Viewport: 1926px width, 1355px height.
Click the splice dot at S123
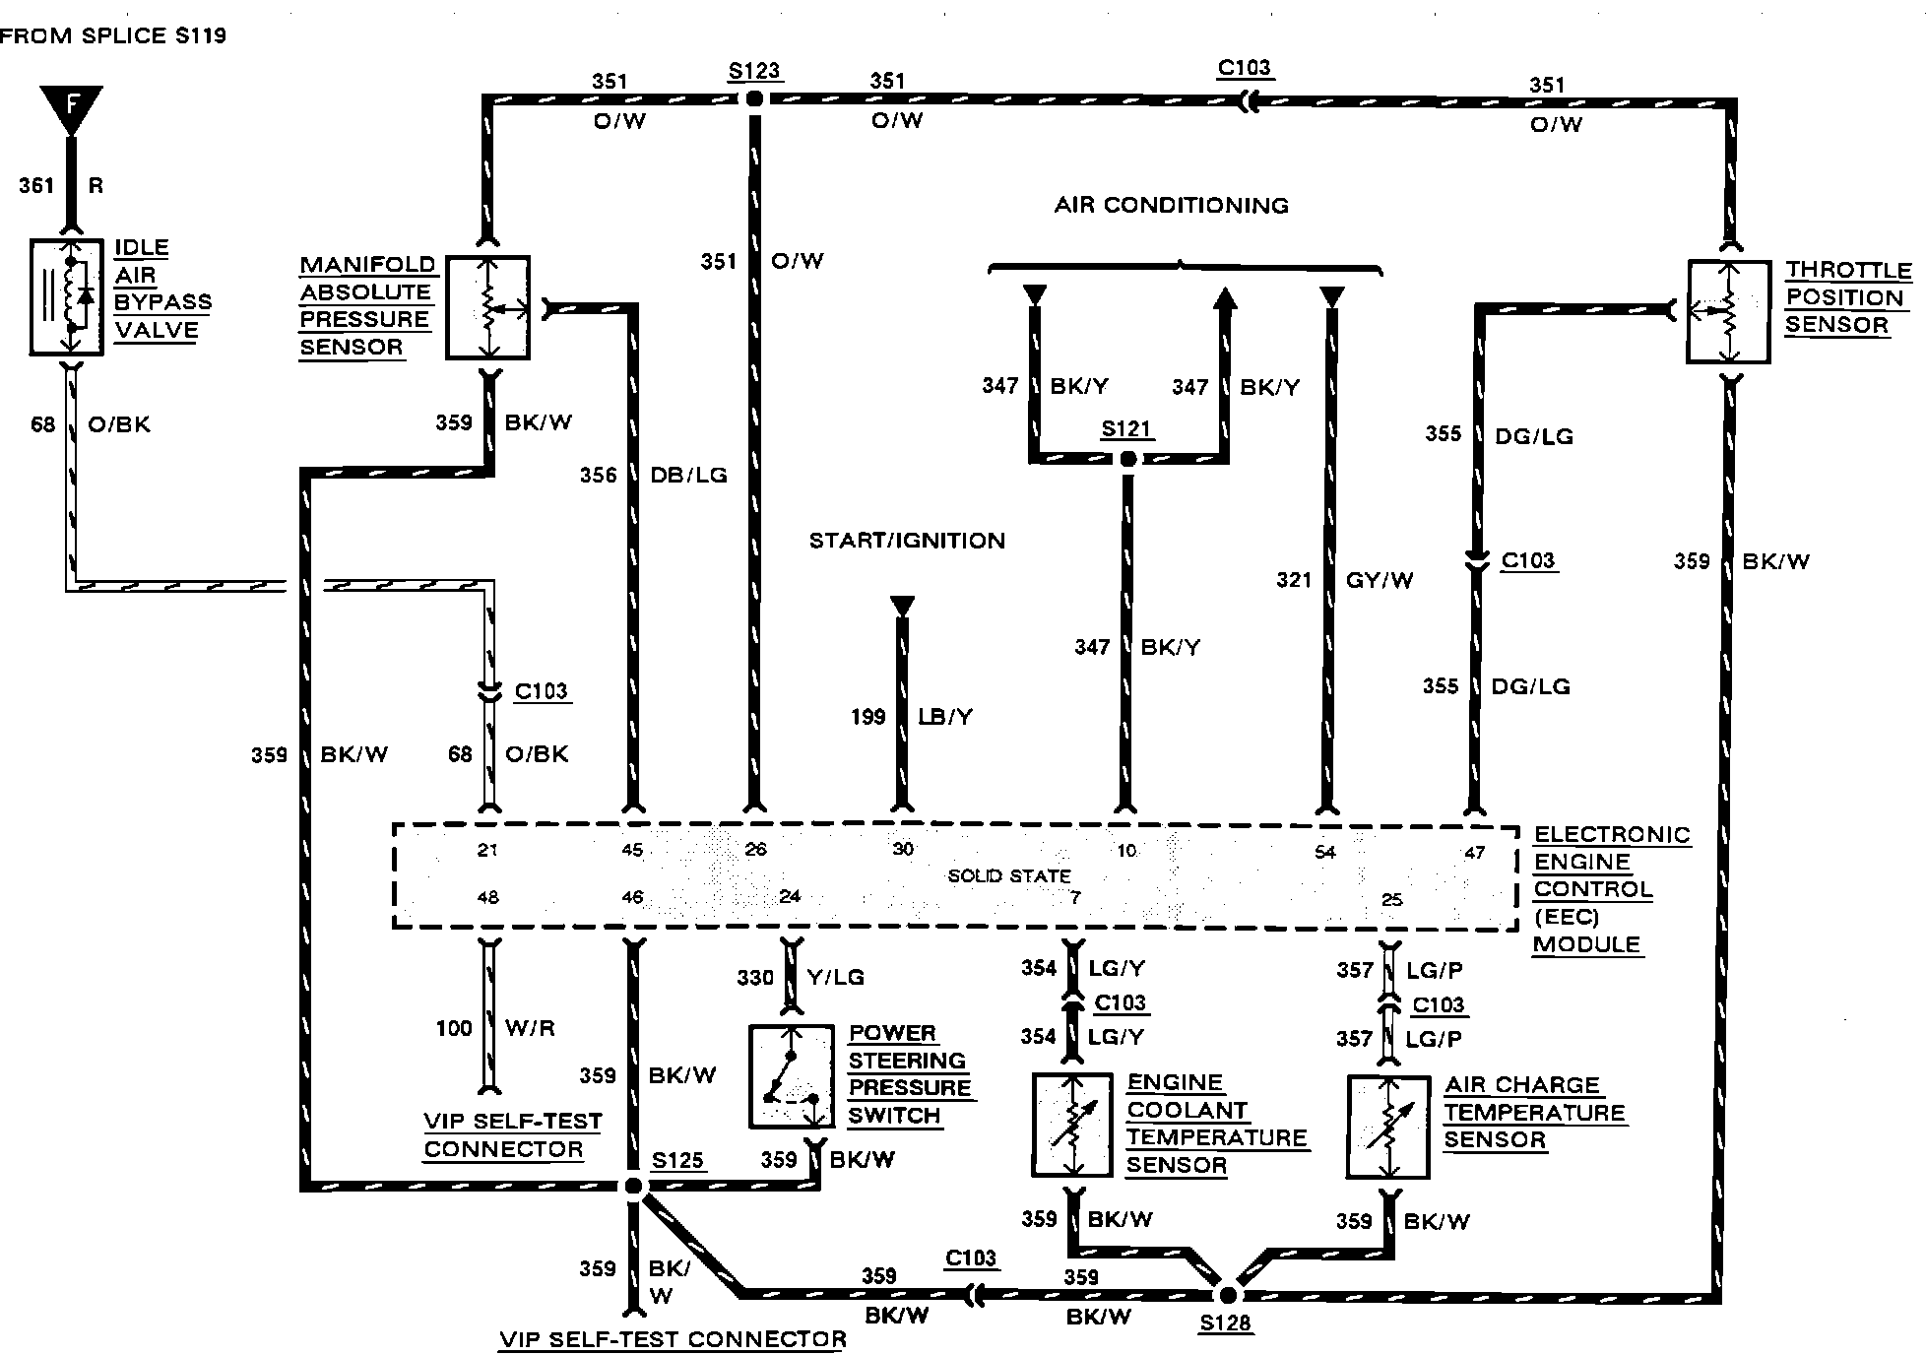pyautogui.click(x=754, y=98)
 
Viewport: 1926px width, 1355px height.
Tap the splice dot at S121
pyautogui.click(x=1128, y=459)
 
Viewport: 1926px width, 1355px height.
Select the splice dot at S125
pyautogui.click(x=634, y=1187)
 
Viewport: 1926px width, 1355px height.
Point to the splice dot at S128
pyautogui.click(x=1227, y=1294)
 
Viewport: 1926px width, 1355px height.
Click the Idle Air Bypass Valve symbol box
pyautogui.click(x=67, y=296)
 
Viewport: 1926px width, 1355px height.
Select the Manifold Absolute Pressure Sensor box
pyautogui.click(x=487, y=307)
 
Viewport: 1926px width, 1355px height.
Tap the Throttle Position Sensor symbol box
pyautogui.click(x=1728, y=311)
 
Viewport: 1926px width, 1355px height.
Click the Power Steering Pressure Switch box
pyautogui.click(x=792, y=1076)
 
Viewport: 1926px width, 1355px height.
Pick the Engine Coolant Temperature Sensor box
pyautogui.click(x=1072, y=1126)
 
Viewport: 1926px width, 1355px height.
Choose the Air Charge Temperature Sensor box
pyautogui.click(x=1387, y=1128)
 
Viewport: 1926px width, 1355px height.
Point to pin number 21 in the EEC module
pyautogui.click(x=487, y=850)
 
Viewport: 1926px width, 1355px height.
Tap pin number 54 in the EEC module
pyautogui.click(x=1325, y=852)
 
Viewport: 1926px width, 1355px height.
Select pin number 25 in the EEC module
pyautogui.click(x=1391, y=900)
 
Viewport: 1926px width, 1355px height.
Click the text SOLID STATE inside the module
pyautogui.click(x=1009, y=875)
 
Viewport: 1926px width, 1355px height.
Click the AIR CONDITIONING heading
pyautogui.click(x=1171, y=205)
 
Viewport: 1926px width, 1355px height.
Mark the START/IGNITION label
pyautogui.click(x=907, y=541)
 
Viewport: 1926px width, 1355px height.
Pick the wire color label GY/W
pyautogui.click(x=1380, y=580)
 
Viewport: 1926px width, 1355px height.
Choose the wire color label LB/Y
pyautogui.click(x=945, y=717)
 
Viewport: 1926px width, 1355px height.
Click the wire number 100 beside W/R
pyautogui.click(x=454, y=1028)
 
